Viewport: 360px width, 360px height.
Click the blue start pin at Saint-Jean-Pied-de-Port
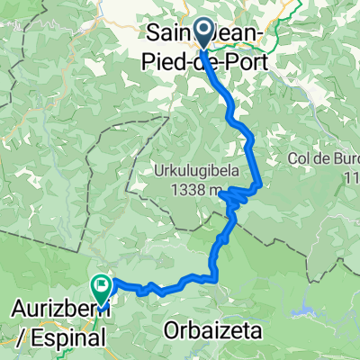click(201, 34)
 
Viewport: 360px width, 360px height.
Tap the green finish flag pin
click(100, 287)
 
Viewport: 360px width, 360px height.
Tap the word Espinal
click(68, 339)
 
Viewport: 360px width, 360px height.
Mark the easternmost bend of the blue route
click(259, 184)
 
